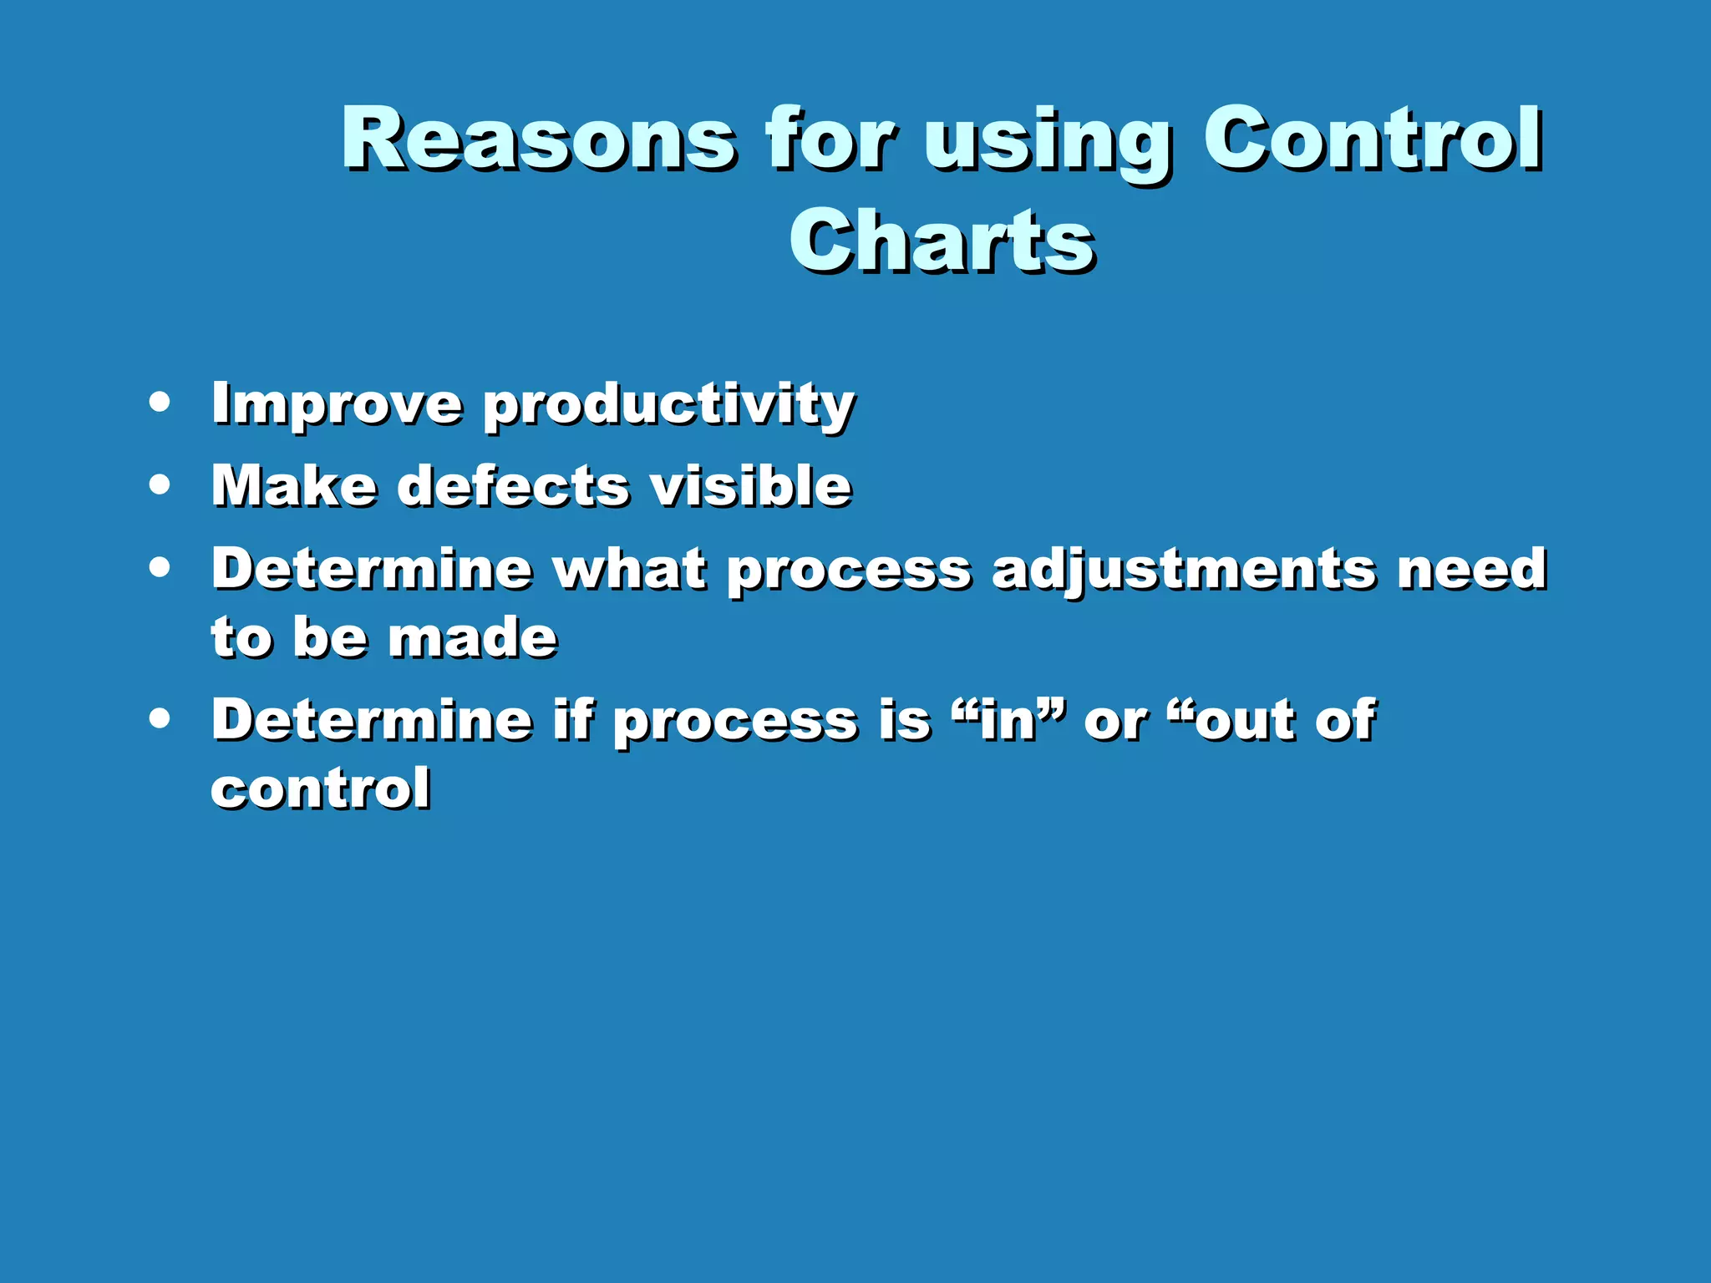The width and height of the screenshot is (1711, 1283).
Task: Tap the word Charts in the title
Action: (x=942, y=242)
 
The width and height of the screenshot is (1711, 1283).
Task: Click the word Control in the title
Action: (x=1372, y=139)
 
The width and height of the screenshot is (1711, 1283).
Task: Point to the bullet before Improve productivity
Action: (x=160, y=403)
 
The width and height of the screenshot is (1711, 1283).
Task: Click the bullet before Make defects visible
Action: (x=160, y=484)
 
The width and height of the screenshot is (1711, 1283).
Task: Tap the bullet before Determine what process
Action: (x=160, y=568)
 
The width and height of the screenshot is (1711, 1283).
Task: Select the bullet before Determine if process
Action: (x=160, y=718)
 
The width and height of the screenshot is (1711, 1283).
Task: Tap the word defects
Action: (x=512, y=486)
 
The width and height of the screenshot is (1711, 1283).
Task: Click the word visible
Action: (x=750, y=486)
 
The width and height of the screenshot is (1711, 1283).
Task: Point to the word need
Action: (x=1472, y=569)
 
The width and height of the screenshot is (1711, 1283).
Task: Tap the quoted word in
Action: (x=1008, y=720)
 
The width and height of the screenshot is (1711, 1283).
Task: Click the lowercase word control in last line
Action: (x=321, y=788)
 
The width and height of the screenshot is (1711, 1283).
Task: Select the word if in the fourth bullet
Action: (x=572, y=719)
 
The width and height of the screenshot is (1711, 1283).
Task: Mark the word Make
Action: (x=293, y=486)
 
